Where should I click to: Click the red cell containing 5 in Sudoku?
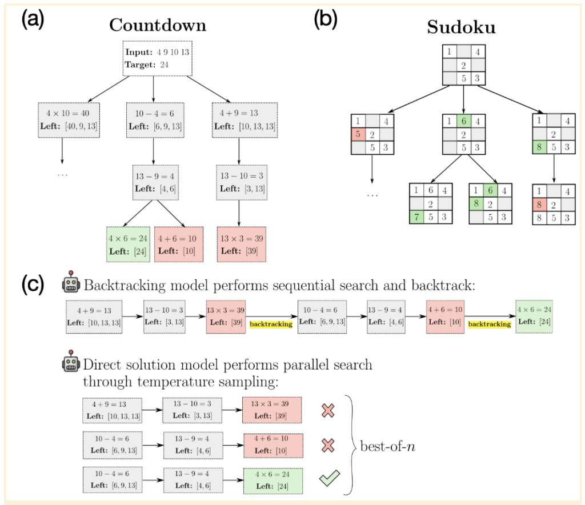358,135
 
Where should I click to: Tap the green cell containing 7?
417,218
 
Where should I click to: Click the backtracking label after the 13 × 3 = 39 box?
271,324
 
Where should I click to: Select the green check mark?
328,478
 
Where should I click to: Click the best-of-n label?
387,446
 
